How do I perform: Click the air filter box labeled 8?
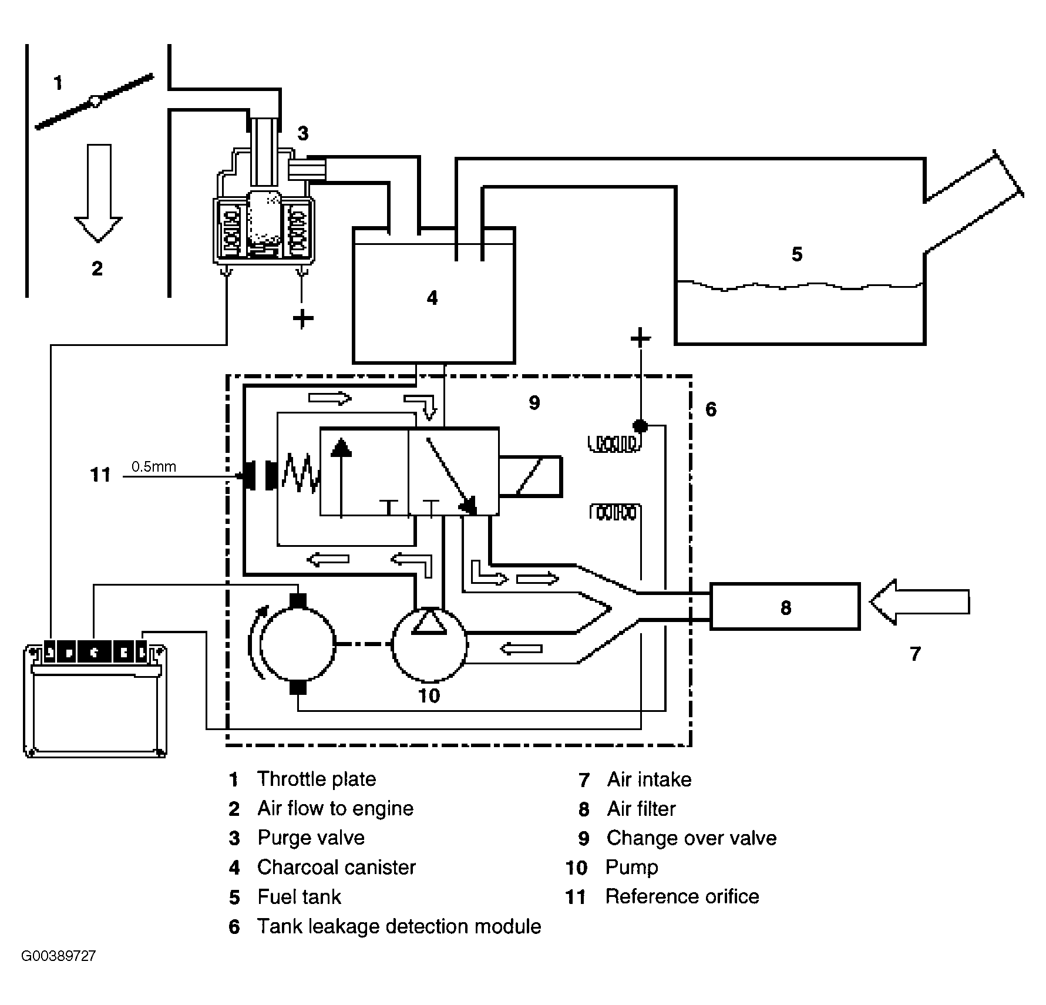click(x=785, y=606)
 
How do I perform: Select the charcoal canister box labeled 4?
click(x=433, y=295)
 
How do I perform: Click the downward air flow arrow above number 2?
click(x=98, y=194)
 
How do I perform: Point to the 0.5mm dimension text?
click(x=154, y=467)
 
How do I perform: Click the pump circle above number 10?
click(x=429, y=644)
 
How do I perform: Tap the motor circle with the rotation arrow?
click(x=298, y=644)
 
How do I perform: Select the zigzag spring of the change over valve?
click(x=300, y=475)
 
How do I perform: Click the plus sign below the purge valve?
click(x=302, y=319)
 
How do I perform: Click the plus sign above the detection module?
click(x=640, y=338)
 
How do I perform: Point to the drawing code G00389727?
click(x=59, y=972)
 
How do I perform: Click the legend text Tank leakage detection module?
click(x=399, y=926)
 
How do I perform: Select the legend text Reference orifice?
click(x=682, y=896)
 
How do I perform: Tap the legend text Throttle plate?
click(x=317, y=779)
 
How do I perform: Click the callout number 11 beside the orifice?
click(x=100, y=475)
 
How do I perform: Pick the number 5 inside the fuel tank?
click(x=796, y=254)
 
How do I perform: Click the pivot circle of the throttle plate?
click(x=95, y=101)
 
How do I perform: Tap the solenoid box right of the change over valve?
click(x=530, y=476)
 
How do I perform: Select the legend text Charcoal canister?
click(x=337, y=867)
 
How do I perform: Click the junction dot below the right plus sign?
click(x=640, y=425)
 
